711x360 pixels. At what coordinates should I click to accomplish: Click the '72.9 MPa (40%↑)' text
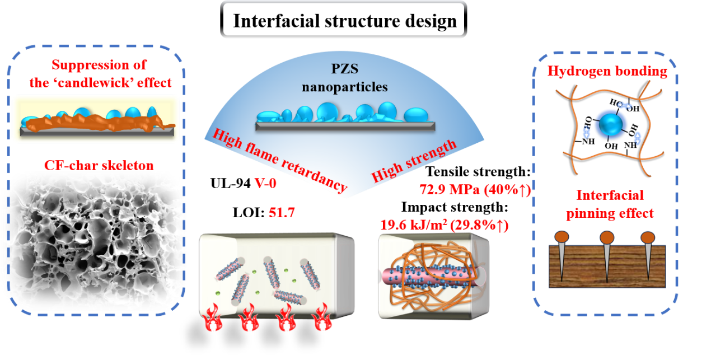tap(475, 191)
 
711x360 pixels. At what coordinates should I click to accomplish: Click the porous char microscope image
tap(92, 241)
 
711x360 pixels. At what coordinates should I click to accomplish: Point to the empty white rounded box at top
tap(344, 19)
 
